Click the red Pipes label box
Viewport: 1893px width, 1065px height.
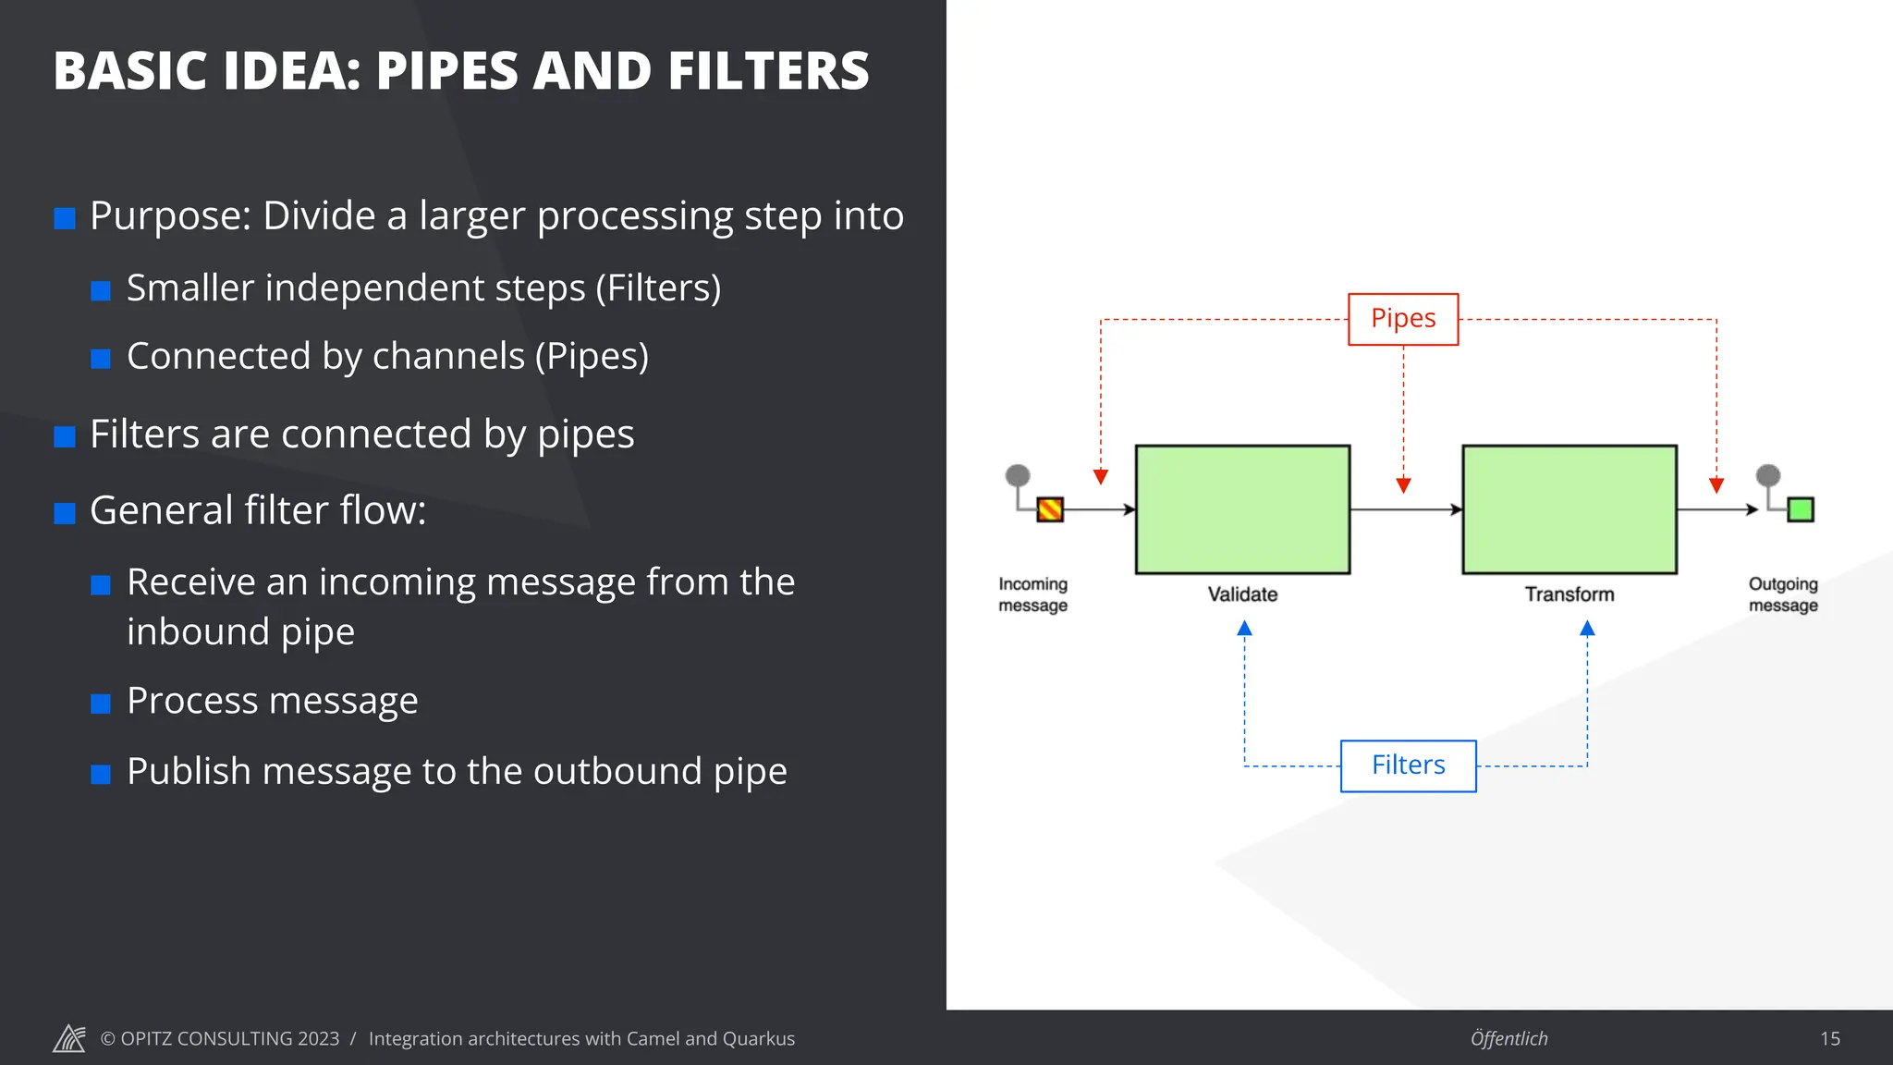click(1403, 319)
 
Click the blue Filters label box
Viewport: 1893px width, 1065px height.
click(1408, 765)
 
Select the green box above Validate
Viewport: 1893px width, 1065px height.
click(1242, 509)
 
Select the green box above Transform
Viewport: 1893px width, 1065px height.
click(1569, 509)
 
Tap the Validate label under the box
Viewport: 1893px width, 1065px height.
click(1242, 594)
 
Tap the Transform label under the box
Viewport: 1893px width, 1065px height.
click(1569, 594)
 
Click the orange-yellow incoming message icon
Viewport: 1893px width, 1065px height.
click(1050, 509)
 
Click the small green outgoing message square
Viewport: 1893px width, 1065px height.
click(1801, 509)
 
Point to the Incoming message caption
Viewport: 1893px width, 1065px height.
click(1032, 594)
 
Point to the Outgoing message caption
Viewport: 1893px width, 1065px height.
click(1783, 594)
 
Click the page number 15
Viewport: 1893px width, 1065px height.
click(1830, 1039)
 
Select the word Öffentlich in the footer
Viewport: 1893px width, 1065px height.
click(1508, 1039)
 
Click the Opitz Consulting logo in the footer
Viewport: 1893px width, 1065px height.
click(69, 1038)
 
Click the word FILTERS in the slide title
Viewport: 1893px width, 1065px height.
click(768, 71)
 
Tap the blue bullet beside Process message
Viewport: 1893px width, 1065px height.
click(101, 704)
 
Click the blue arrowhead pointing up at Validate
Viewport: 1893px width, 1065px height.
click(1244, 629)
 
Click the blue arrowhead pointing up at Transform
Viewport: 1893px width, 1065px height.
click(1587, 629)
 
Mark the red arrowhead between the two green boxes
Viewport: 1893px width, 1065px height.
click(1403, 485)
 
